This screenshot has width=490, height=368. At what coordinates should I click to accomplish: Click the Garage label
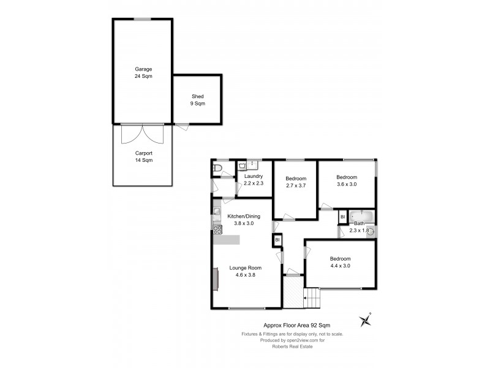point(143,69)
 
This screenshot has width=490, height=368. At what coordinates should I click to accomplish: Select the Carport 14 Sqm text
point(143,156)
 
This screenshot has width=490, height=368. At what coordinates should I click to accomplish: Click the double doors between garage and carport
point(143,132)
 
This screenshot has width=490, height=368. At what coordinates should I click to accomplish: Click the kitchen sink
point(216,213)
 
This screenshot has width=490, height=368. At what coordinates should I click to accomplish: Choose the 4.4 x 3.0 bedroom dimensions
point(340,266)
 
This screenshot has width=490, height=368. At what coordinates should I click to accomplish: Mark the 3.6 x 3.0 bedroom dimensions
point(347,183)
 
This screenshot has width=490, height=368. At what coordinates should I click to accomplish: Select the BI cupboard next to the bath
point(342,217)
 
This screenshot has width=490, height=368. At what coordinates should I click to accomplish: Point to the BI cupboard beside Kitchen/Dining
point(277,240)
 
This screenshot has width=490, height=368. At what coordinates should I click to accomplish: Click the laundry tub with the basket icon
point(243,165)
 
